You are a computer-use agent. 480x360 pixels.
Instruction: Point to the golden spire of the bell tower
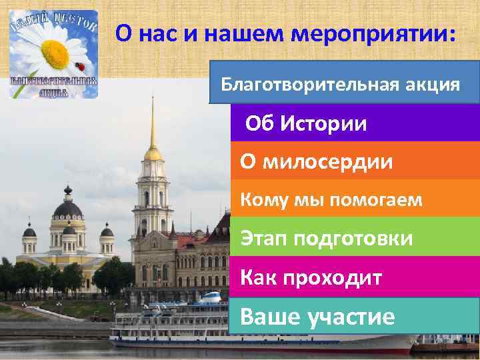(x=153, y=127)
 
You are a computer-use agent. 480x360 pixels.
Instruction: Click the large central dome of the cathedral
(x=67, y=209)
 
